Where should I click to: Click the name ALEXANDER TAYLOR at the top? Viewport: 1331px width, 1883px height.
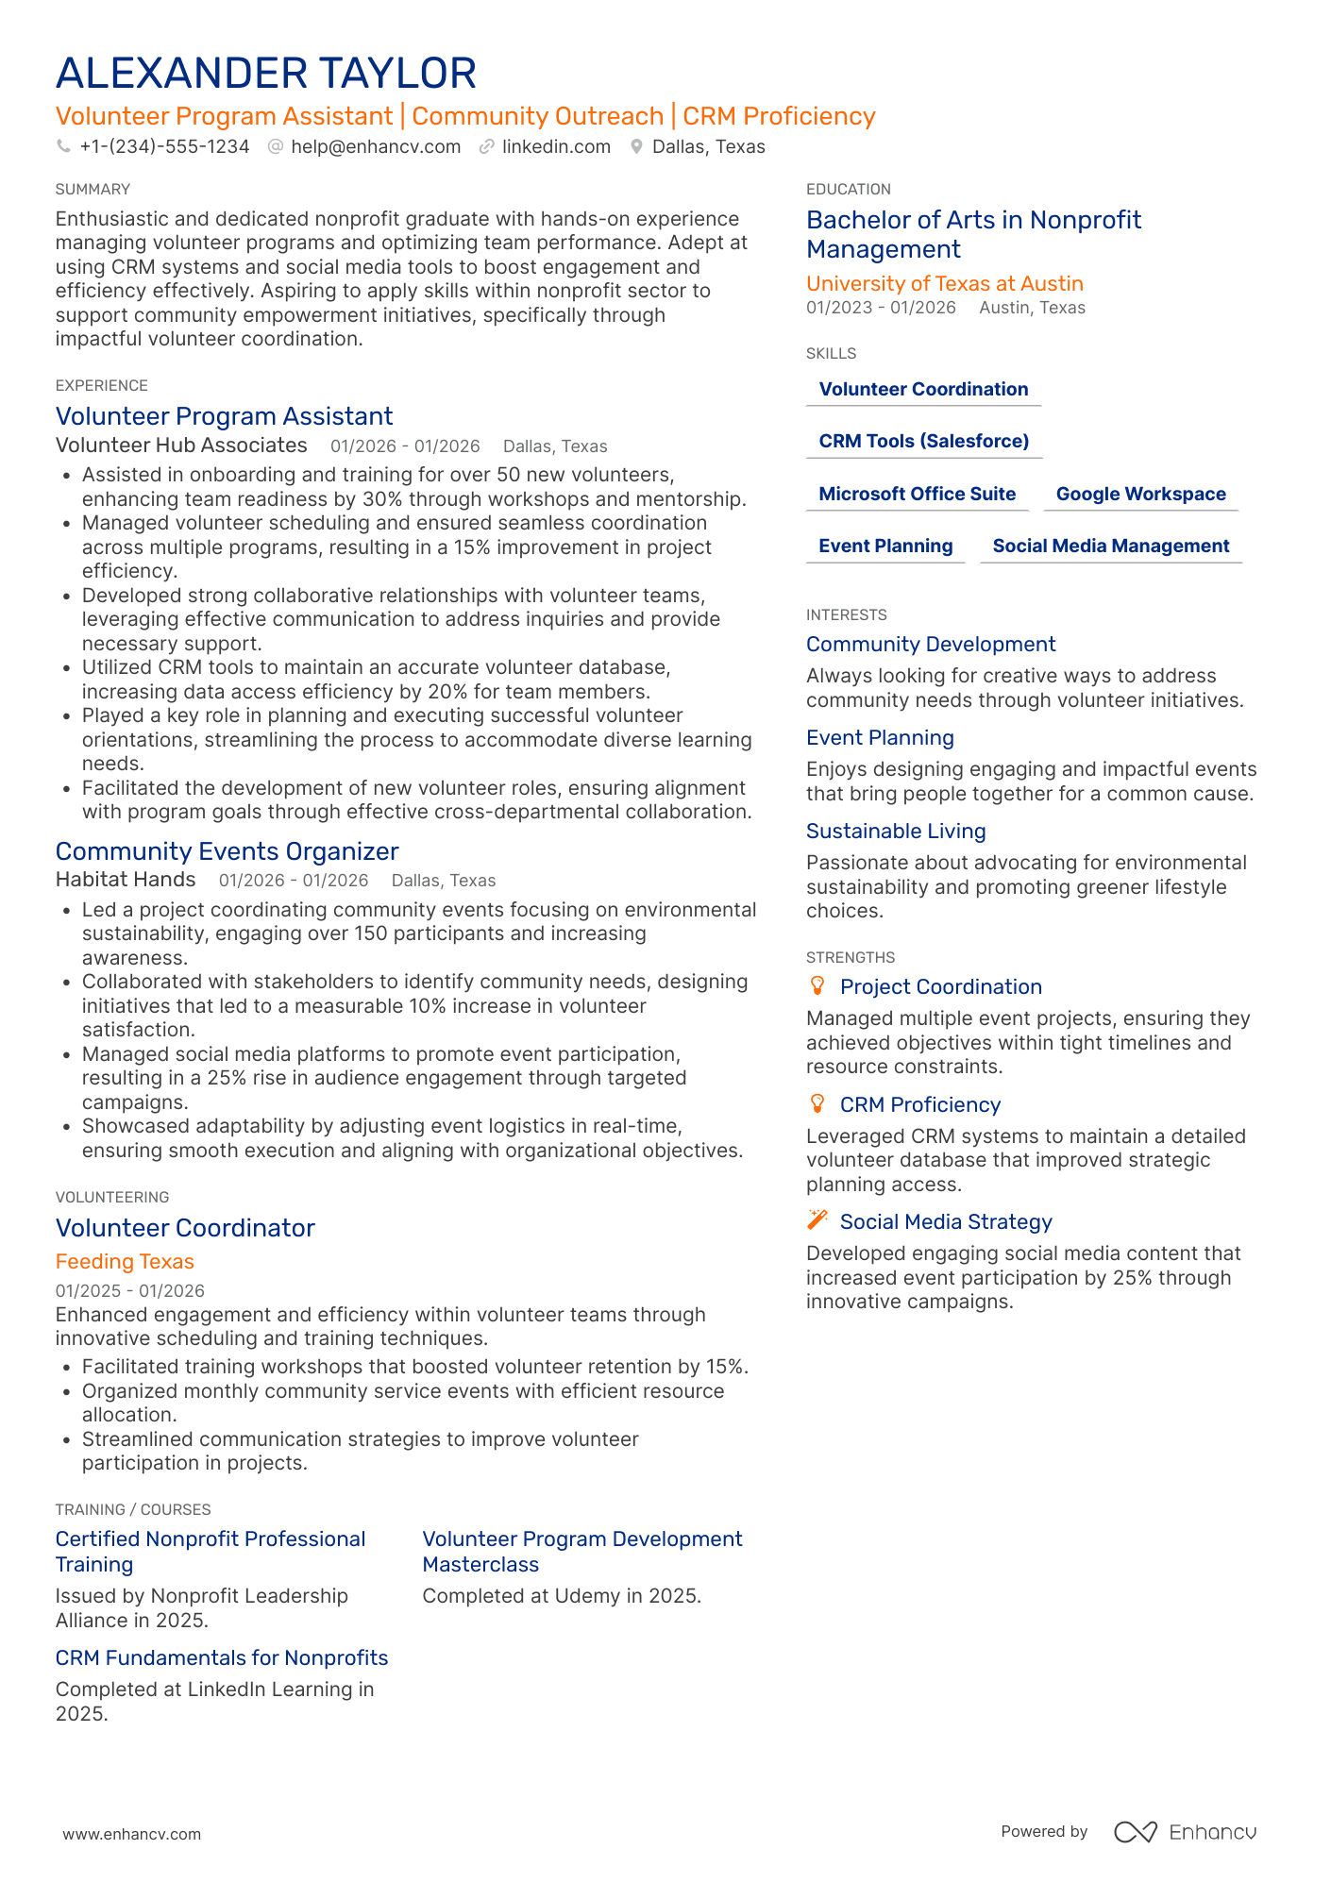pos(266,74)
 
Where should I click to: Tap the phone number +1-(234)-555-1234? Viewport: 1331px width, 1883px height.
pos(164,147)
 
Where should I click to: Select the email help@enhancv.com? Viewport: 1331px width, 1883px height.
pos(376,147)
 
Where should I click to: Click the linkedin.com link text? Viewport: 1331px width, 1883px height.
pos(556,147)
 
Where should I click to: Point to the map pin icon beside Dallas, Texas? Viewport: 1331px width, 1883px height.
pos(637,147)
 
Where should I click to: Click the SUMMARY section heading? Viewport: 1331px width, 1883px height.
pos(93,190)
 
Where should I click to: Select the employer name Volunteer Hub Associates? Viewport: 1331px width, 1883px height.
pos(181,446)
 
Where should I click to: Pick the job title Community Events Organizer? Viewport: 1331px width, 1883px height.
pos(227,851)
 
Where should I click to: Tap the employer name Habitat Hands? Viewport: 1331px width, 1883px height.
pos(126,880)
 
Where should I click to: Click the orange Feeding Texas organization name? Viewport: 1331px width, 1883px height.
pos(125,1262)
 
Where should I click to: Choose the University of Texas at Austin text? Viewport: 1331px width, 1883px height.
pos(944,284)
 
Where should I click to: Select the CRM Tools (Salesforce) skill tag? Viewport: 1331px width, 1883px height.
pos(923,442)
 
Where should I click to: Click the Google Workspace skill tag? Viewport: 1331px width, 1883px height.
pos(1140,495)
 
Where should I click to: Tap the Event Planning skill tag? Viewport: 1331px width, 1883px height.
pos(885,546)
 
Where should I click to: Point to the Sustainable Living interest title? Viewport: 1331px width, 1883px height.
pos(896,832)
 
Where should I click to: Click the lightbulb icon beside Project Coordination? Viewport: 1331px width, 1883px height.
pos(817,986)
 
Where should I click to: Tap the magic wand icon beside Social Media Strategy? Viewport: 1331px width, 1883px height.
pos(817,1221)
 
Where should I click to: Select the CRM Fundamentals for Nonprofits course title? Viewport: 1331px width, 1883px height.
pos(222,1658)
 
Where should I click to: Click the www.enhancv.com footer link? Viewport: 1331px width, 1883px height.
pos(132,1834)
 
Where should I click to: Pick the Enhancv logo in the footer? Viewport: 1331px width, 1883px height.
pos(1185,1832)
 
